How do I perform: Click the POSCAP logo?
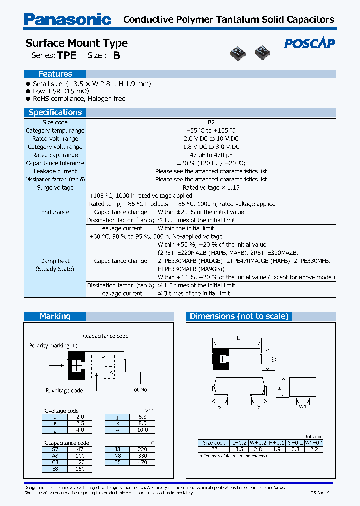(309, 44)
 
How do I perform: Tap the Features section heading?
(55, 74)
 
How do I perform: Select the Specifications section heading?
(55, 112)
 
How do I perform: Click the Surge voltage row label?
(55, 188)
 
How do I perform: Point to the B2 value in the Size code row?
(211, 122)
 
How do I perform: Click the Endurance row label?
(55, 212)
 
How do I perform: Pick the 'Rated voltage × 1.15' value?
(211, 188)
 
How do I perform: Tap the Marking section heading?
(55, 316)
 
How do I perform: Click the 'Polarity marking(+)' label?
(53, 345)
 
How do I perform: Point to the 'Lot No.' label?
(140, 389)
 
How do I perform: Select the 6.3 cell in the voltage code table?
(142, 416)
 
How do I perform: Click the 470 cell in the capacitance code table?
(142, 463)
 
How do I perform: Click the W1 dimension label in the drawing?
(302, 406)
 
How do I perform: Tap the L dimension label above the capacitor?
(238, 338)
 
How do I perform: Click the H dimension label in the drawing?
(280, 388)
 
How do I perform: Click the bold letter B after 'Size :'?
(116, 56)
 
